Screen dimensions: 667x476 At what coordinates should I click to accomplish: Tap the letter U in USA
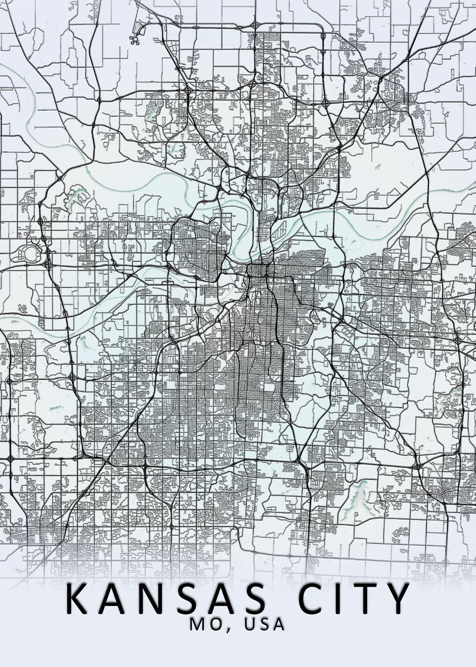tap(247, 625)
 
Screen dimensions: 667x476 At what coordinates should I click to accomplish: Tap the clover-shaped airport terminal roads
tap(134, 39)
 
